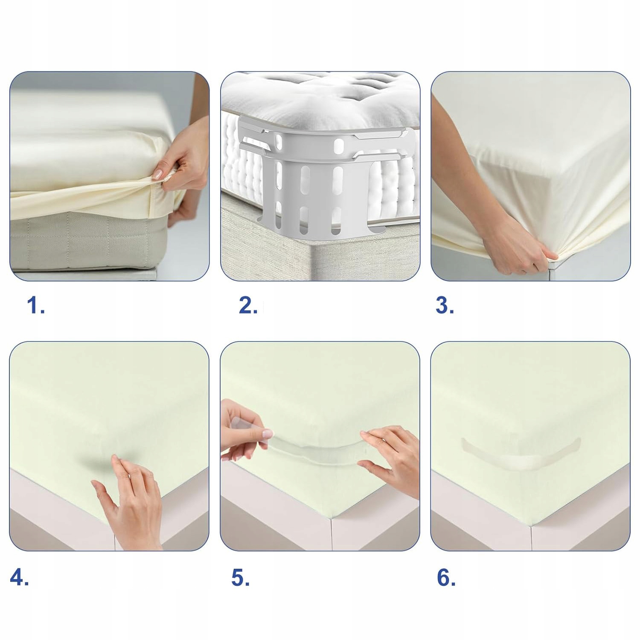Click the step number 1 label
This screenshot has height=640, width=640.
pyautogui.click(x=36, y=306)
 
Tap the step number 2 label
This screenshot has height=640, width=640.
pyautogui.click(x=248, y=306)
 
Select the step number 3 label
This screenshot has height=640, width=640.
pyautogui.click(x=445, y=306)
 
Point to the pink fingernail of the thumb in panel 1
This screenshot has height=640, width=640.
pyautogui.click(x=158, y=174)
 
